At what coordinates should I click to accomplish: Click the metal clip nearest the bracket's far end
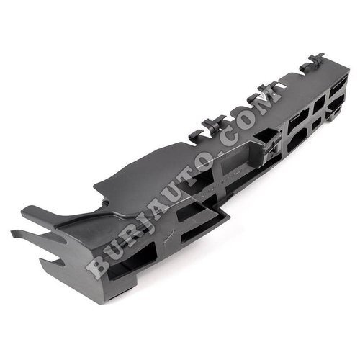(312, 63)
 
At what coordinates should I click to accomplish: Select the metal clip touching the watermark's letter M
(262, 92)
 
